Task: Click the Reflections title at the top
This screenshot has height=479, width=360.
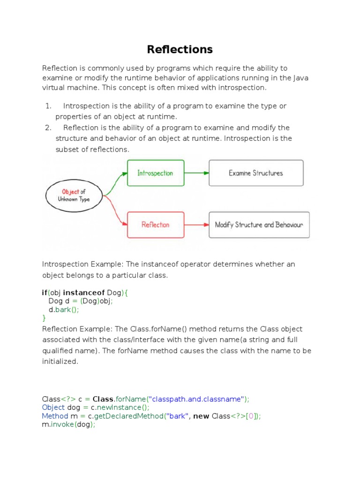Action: pyautogui.click(x=180, y=49)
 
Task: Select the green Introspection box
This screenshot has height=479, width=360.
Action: pyautogui.click(x=156, y=173)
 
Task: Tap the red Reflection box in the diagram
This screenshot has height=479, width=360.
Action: pyautogui.click(x=156, y=225)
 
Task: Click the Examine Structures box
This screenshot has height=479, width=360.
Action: pyautogui.click(x=256, y=173)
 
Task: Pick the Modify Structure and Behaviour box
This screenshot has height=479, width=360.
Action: pyautogui.click(x=259, y=225)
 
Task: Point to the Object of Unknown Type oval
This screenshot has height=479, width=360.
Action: pyautogui.click(x=74, y=195)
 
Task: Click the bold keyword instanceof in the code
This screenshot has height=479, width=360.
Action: pyautogui.click(x=84, y=293)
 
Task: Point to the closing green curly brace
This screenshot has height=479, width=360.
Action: pyautogui.click(x=44, y=318)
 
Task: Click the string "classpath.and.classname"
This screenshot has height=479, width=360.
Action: pyautogui.click(x=196, y=399)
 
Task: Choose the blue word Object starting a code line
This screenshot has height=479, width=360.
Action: pyautogui.click(x=53, y=407)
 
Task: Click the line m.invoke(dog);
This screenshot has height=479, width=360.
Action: pyautogui.click(x=69, y=424)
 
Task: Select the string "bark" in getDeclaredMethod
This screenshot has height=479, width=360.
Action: pyautogui.click(x=178, y=416)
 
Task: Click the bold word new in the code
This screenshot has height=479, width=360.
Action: pyautogui.click(x=201, y=416)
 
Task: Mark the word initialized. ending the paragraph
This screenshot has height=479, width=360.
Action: pyautogui.click(x=60, y=362)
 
